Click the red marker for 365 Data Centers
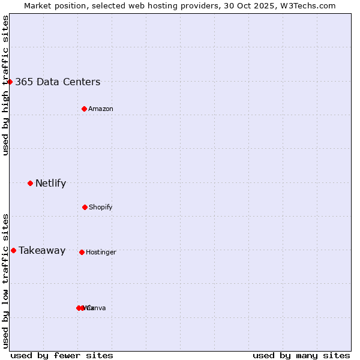(x=10, y=82)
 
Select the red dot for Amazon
(x=84, y=109)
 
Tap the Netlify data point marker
(x=30, y=183)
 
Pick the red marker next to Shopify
(x=85, y=207)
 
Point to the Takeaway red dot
(x=13, y=250)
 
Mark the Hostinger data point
(x=82, y=252)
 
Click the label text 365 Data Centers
(x=58, y=82)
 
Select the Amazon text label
(x=101, y=109)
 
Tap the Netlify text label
(x=50, y=184)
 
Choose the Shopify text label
(x=101, y=208)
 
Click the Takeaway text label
(x=42, y=251)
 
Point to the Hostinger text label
(x=101, y=253)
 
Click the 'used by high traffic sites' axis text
(x=5, y=85)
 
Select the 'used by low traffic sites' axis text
(x=5, y=280)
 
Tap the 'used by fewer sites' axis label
(x=62, y=355)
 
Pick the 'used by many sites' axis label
(x=301, y=355)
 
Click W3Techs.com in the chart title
(x=310, y=6)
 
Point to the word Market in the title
(x=38, y=6)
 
